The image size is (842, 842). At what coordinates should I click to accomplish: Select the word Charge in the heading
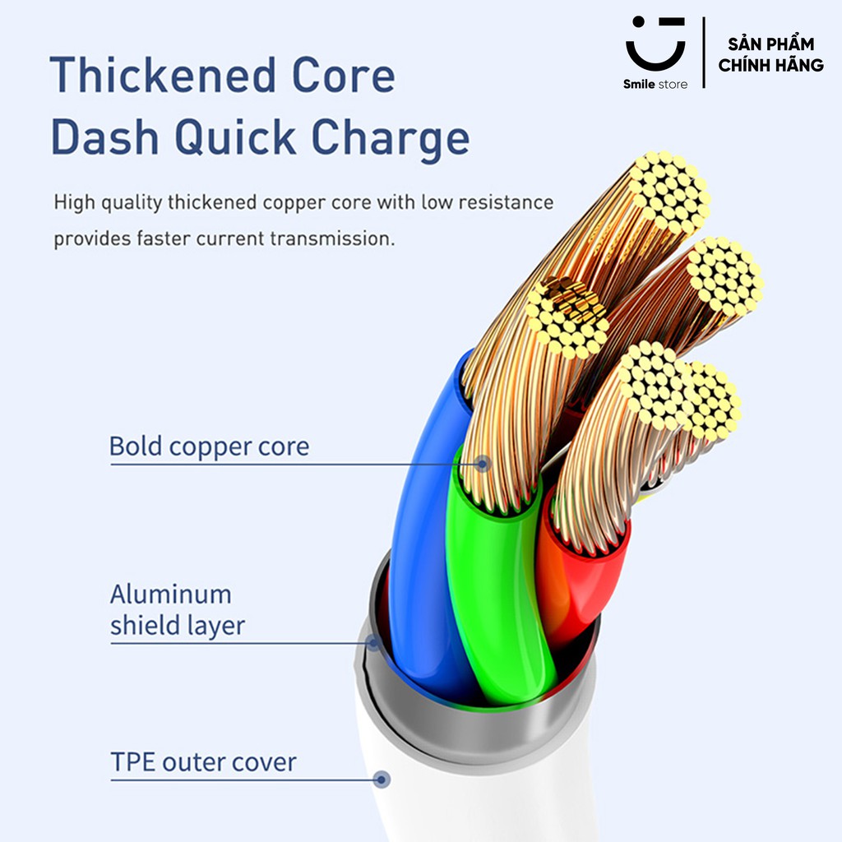pyautogui.click(x=391, y=138)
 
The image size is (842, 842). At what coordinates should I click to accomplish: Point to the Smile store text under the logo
pyautogui.click(x=655, y=85)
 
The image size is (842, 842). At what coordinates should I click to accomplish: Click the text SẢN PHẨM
pyautogui.click(x=770, y=44)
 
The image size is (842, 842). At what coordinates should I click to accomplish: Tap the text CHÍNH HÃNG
pyautogui.click(x=770, y=65)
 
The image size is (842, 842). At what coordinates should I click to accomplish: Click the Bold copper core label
pyautogui.click(x=209, y=446)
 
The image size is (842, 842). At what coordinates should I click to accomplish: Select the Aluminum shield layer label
pyautogui.click(x=178, y=610)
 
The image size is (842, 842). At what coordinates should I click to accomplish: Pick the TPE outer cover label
pyautogui.click(x=203, y=762)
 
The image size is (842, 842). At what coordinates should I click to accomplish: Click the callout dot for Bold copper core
pyautogui.click(x=483, y=464)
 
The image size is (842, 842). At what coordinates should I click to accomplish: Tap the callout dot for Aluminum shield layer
pyautogui.click(x=373, y=642)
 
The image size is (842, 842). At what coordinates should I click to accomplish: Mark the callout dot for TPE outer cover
pyautogui.click(x=382, y=780)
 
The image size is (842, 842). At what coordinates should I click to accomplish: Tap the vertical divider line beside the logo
pyautogui.click(x=704, y=53)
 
